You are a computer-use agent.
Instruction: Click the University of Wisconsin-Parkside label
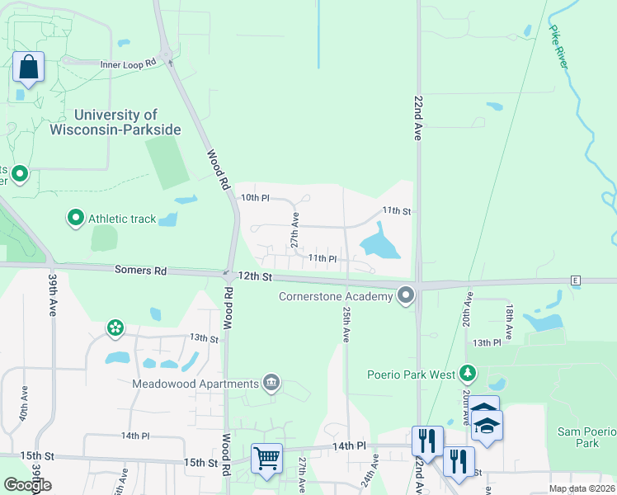coord(127,122)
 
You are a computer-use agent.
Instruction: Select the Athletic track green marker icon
coord(76,218)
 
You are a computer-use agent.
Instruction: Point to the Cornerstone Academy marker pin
coord(405,295)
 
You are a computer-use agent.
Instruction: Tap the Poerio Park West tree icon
coord(469,374)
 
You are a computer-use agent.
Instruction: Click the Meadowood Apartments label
coord(196,383)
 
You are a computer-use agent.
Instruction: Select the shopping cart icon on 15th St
coord(266,458)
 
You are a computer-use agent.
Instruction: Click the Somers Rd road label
coord(140,271)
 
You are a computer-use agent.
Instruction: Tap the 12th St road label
coord(255,276)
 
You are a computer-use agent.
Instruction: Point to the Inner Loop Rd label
coord(128,64)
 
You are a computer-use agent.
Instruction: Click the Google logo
coord(27,484)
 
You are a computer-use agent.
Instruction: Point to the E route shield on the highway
coord(575,280)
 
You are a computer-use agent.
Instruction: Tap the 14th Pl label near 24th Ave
coord(349,445)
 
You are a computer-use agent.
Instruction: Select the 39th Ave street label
coord(52,307)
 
